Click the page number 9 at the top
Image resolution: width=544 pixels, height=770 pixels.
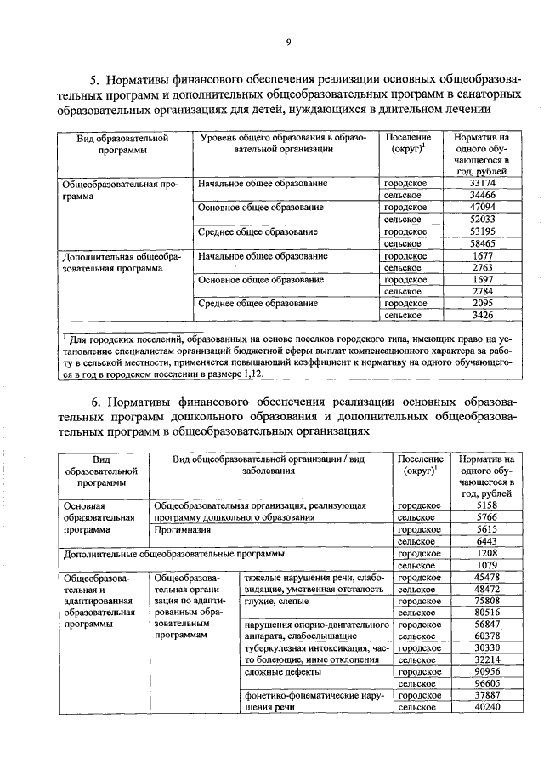[288, 43]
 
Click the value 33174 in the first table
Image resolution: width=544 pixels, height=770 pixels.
[482, 183]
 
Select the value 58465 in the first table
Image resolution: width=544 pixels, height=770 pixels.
[482, 242]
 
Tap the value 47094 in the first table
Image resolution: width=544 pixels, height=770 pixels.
[482, 207]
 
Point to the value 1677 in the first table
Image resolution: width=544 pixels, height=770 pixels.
[482, 255]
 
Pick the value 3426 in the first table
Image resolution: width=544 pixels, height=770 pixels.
[482, 315]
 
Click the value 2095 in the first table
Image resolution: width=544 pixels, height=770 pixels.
[482, 303]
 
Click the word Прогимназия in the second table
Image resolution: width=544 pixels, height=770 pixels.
[182, 528]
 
